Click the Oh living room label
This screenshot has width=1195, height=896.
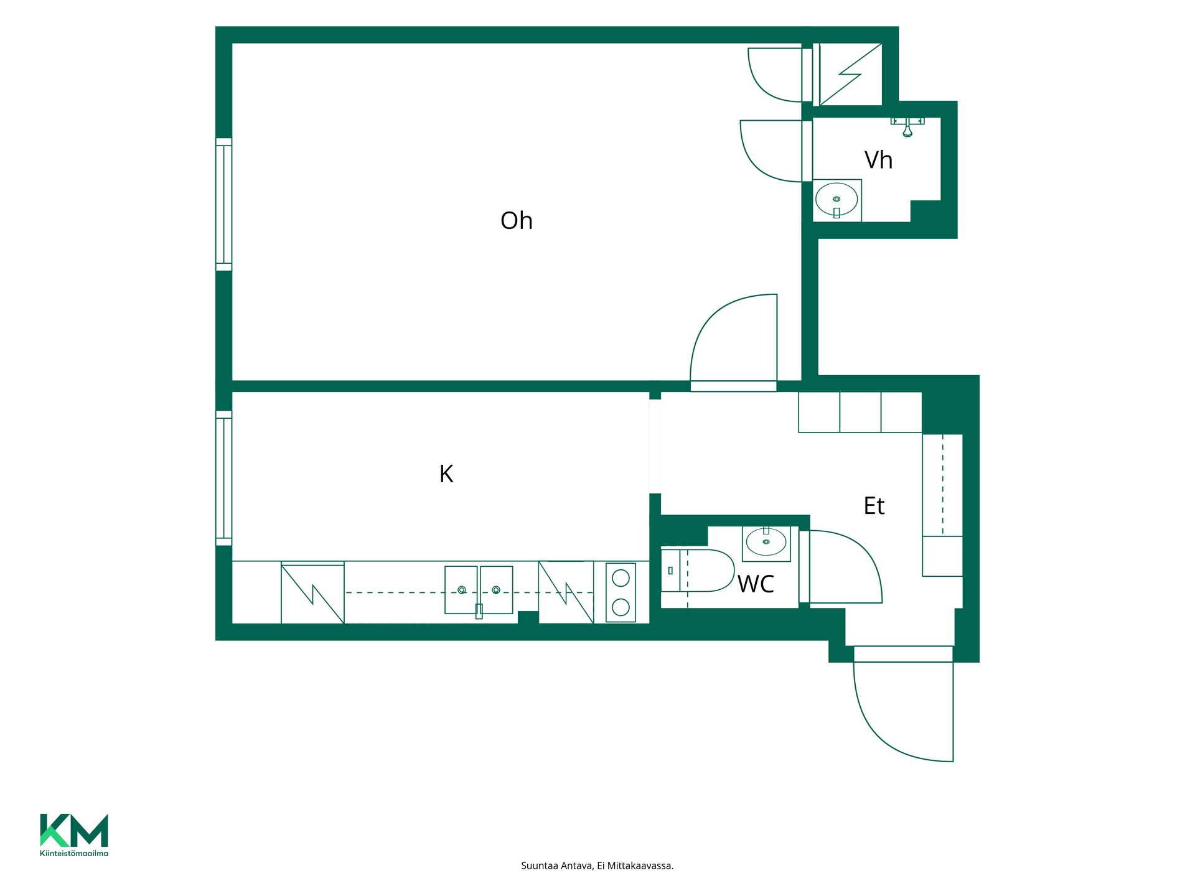[x=517, y=221]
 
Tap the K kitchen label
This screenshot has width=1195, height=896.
[x=446, y=474]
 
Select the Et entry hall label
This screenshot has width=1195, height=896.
[x=874, y=506]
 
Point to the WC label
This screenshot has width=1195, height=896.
[x=756, y=584]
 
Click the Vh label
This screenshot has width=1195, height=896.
[x=878, y=161]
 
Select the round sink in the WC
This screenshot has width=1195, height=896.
[x=766, y=543]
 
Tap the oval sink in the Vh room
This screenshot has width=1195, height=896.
[x=836, y=199]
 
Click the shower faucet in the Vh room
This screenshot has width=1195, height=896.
[x=907, y=126]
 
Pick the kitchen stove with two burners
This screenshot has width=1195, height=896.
[x=621, y=592]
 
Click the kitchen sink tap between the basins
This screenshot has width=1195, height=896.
[x=479, y=610]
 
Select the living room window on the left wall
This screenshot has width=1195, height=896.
[x=224, y=205]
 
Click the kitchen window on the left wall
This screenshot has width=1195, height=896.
[x=224, y=478]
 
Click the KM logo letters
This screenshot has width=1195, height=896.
[x=74, y=831]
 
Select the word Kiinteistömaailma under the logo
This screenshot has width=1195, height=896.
[x=74, y=853]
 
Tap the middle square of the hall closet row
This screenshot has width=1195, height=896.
[x=860, y=412]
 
